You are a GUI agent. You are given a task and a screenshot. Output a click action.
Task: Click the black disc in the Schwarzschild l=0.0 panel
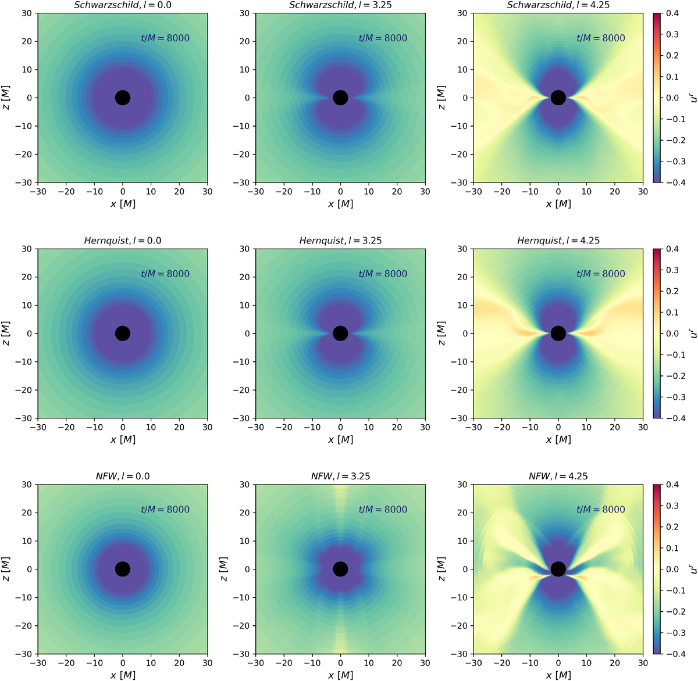(122, 98)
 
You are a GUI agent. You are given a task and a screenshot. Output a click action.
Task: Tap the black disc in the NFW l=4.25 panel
(558, 569)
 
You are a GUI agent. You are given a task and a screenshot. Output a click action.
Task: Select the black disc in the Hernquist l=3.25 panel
(340, 334)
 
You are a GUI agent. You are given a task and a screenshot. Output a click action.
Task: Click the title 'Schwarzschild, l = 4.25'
(558, 5)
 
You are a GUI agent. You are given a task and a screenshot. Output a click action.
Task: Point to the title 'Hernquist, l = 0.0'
(122, 241)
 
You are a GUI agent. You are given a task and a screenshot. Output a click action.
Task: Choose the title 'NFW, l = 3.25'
(340, 476)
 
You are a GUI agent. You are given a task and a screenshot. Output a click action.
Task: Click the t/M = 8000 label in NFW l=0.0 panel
(165, 510)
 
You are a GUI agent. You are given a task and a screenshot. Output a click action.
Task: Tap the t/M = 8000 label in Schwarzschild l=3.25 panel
(383, 38)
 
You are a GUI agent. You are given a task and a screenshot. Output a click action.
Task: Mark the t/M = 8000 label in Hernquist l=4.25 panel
(601, 274)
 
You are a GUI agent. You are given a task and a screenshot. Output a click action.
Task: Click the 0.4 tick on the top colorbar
(671, 13)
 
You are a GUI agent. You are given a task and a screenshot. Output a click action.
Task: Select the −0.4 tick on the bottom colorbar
(669, 654)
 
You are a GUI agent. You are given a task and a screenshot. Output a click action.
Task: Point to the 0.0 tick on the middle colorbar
(671, 334)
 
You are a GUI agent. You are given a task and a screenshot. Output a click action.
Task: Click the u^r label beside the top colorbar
(693, 98)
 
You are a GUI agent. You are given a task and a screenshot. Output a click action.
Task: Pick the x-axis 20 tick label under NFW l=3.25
(397, 663)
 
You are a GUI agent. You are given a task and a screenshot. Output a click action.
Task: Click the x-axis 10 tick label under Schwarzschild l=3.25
(369, 192)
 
